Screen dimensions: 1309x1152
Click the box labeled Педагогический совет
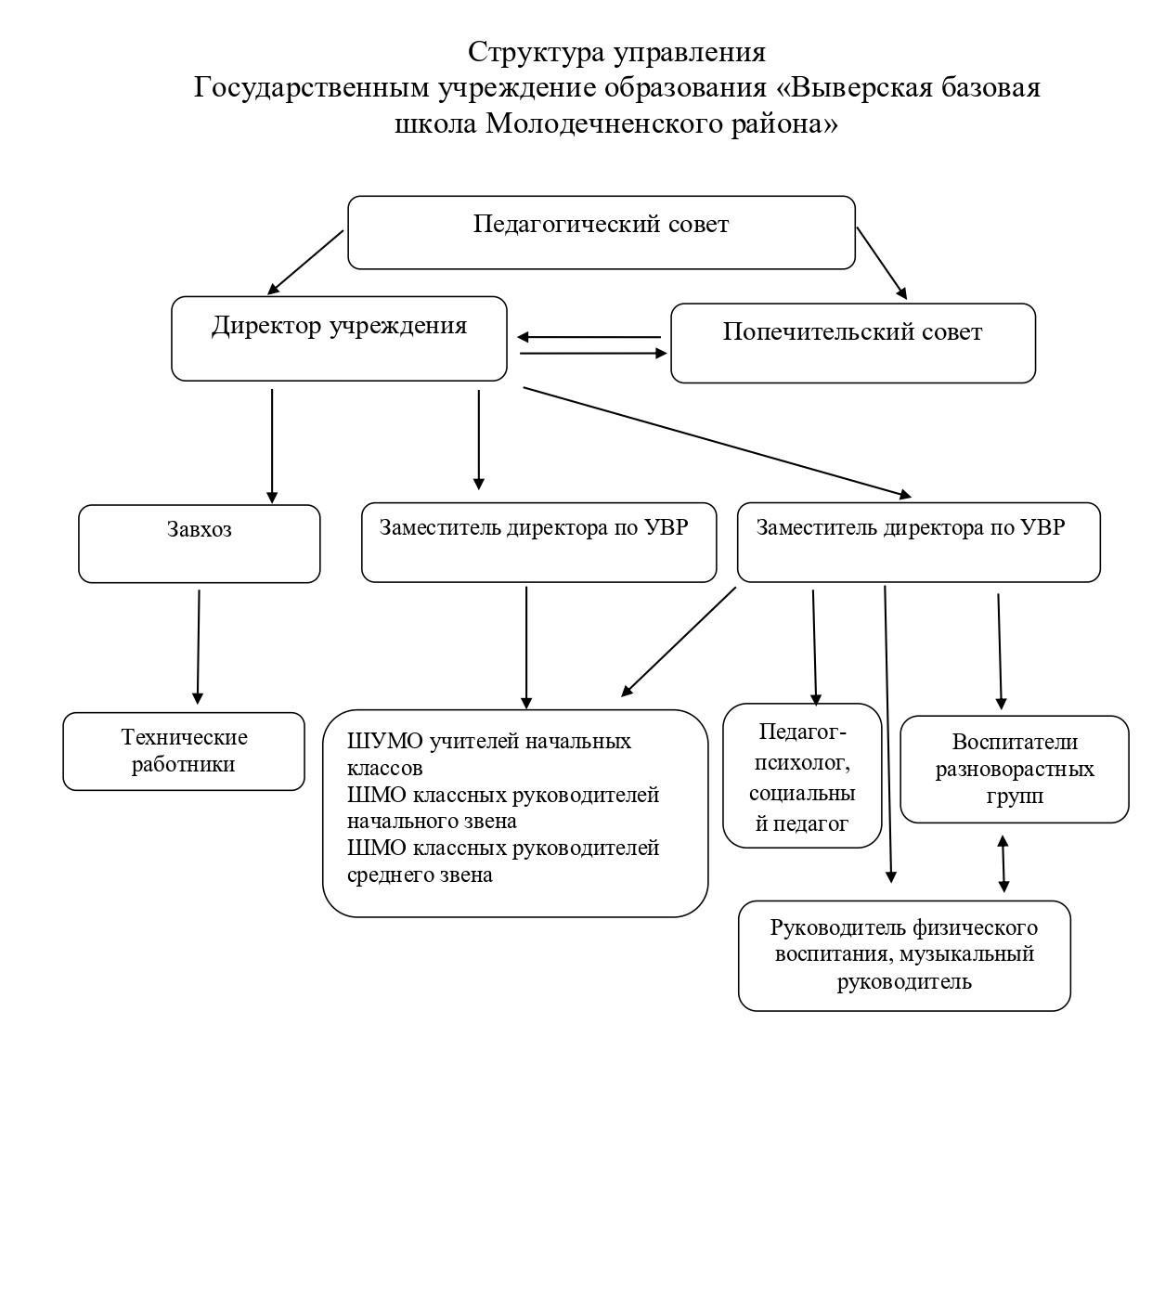click(601, 232)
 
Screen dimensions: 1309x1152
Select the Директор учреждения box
click(339, 338)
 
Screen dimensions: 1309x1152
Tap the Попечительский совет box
click(852, 343)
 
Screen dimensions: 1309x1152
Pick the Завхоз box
click(199, 543)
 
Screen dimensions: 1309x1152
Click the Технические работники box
click(184, 751)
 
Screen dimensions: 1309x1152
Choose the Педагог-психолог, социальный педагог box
click(802, 775)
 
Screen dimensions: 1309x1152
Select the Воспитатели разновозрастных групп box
click(1015, 769)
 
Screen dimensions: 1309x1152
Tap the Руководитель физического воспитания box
click(904, 954)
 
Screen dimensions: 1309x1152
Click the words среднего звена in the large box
click(420, 875)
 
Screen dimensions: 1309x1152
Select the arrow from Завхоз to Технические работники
click(198, 646)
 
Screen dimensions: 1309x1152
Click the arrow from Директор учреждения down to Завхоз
click(272, 445)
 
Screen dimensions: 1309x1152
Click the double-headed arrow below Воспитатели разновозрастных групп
click(1003, 863)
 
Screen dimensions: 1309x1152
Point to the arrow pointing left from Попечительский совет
click(589, 337)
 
